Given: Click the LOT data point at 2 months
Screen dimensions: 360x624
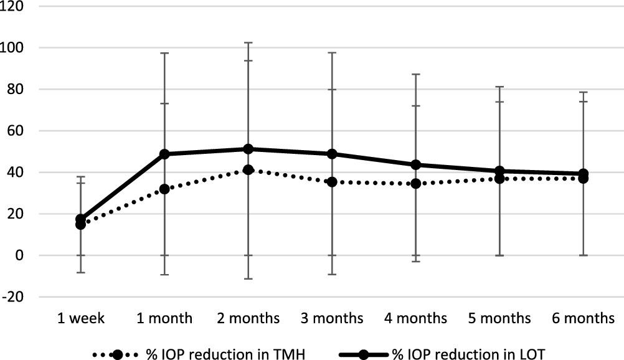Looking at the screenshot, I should pyautogui.click(x=248, y=149).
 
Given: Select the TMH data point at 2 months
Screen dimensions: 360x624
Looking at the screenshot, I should pyautogui.click(x=248, y=169).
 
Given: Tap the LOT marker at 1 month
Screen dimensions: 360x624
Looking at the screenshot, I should pyautogui.click(x=164, y=154).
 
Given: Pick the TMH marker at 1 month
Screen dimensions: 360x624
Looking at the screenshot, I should pyautogui.click(x=164, y=189).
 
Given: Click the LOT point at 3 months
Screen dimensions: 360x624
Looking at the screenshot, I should pyautogui.click(x=332, y=154).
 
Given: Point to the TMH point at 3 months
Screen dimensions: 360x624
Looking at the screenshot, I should pyautogui.click(x=332, y=182).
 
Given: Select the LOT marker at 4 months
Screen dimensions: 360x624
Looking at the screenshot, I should pyautogui.click(x=415, y=164).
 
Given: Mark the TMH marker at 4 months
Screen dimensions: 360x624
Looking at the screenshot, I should pyautogui.click(x=415, y=184).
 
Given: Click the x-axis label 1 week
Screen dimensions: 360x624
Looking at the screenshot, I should pyautogui.click(x=81, y=318).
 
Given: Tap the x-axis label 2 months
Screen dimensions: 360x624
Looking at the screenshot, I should pyautogui.click(x=248, y=318).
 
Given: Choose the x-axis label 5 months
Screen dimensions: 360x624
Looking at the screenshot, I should pyautogui.click(x=499, y=318).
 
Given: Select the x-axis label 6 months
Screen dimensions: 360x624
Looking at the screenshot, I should pyautogui.click(x=583, y=318).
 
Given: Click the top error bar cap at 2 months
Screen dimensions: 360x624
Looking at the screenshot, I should pyautogui.click(x=248, y=42).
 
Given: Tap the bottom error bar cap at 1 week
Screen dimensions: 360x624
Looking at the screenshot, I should pyautogui.click(x=81, y=273).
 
